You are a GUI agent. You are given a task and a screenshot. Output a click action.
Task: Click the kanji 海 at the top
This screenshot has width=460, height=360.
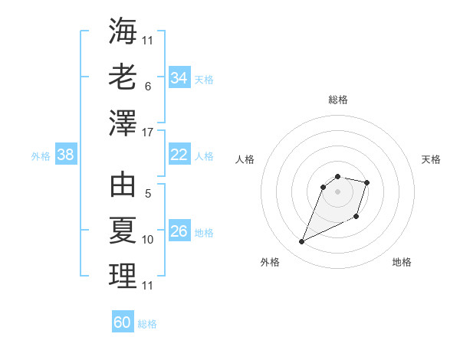(123, 31)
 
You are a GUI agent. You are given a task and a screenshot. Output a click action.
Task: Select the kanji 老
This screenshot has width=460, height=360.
(123, 77)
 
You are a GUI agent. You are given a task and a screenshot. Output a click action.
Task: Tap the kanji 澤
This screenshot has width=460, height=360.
(123, 123)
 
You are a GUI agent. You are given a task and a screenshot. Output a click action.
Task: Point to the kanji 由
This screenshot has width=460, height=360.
(123, 185)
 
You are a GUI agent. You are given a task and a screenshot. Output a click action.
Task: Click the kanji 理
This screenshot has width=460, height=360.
(123, 276)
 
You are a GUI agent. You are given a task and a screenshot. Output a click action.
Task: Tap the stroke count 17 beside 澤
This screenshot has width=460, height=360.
(148, 133)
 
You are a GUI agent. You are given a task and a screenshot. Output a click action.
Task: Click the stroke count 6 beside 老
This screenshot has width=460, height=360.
(147, 87)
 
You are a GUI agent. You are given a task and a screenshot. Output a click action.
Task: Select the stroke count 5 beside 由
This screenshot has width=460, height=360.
(147, 195)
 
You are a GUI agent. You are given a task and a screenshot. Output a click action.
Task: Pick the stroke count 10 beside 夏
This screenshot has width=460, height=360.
(148, 240)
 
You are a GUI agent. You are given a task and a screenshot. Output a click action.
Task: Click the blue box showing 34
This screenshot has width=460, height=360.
(179, 78)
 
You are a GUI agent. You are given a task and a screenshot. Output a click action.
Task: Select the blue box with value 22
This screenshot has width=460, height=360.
(179, 155)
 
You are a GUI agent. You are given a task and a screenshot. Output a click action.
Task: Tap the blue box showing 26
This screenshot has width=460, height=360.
(179, 231)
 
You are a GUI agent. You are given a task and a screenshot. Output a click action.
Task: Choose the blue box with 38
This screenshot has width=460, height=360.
(66, 155)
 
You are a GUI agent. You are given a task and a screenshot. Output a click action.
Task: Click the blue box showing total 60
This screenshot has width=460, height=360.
(123, 322)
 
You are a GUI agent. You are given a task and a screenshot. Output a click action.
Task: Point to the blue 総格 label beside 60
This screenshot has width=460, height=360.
(147, 324)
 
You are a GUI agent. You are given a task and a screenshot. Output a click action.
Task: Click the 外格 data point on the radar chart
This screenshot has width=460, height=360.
(302, 242)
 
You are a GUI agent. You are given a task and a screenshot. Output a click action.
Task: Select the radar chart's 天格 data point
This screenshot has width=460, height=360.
(367, 182)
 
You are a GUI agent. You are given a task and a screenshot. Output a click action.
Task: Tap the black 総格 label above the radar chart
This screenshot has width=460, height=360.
(337, 100)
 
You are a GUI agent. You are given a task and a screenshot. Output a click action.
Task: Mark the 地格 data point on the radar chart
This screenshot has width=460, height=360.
(356, 217)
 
